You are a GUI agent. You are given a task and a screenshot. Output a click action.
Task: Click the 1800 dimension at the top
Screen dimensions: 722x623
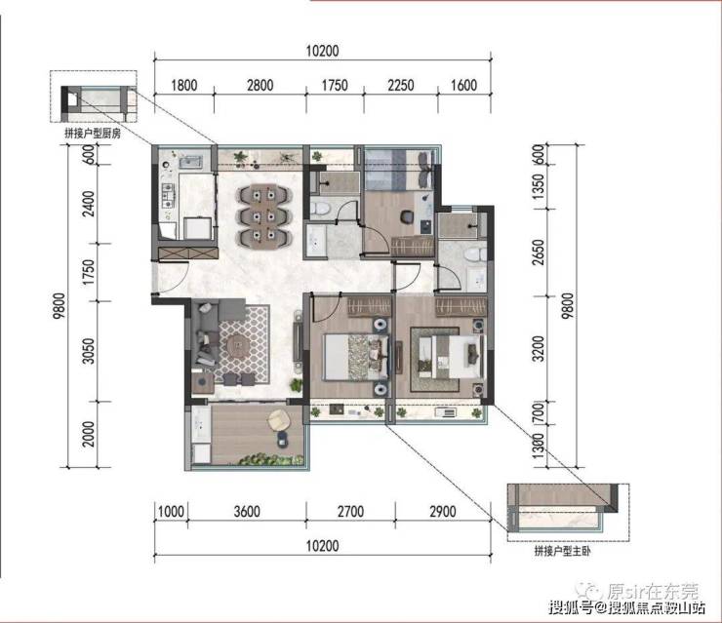click(183, 85)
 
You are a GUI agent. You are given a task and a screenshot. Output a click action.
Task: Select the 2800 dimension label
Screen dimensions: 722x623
click(260, 85)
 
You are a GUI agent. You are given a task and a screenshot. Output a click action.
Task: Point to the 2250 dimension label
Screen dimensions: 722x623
click(400, 85)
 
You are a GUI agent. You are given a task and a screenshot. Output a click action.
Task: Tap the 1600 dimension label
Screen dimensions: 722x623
click(463, 85)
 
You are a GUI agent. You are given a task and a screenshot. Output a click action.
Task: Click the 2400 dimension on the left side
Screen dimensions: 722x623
click(90, 204)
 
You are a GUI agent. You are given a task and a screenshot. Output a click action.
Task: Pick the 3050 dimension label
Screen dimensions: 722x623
click(90, 351)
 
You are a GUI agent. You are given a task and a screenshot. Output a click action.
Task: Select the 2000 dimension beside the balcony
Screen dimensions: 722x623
click(90, 434)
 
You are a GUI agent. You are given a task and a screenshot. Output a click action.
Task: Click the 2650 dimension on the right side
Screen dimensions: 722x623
click(539, 253)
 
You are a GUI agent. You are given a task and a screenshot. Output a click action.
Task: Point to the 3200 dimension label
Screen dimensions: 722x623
click(539, 349)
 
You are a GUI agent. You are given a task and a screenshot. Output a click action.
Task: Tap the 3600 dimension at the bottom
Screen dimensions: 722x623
click(247, 511)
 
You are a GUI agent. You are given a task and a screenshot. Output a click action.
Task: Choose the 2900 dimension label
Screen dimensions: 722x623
click(443, 511)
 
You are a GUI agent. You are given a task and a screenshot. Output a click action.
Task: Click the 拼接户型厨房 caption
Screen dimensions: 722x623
click(93, 134)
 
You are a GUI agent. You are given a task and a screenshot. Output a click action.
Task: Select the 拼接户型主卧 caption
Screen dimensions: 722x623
click(562, 551)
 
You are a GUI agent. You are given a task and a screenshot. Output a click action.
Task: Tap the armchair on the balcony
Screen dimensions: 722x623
click(279, 420)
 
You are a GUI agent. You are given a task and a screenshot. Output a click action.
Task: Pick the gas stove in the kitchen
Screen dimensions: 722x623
click(168, 195)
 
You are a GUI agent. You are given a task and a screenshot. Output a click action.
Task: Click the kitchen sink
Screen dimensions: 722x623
click(190, 162)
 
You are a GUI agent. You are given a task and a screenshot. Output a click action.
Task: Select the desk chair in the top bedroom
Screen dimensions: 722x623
click(407, 216)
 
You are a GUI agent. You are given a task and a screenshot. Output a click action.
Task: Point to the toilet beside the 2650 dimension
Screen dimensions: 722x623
click(474, 254)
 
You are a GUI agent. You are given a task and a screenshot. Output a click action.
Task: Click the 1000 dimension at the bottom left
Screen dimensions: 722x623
click(171, 511)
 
